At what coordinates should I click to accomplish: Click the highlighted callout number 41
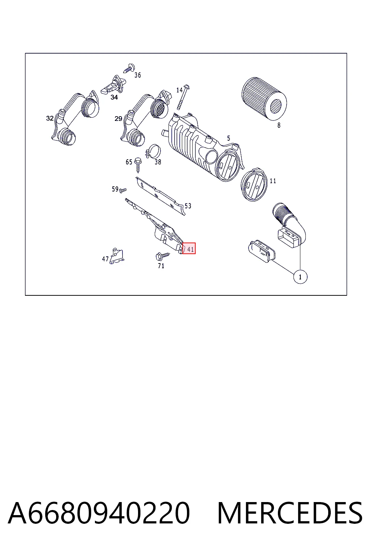click(190, 249)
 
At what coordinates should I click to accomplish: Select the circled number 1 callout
click(300, 277)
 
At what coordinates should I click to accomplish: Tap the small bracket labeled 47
click(117, 256)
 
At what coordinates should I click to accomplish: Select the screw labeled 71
click(163, 256)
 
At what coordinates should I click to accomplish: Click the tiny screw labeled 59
click(123, 190)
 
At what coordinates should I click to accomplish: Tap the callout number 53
click(188, 206)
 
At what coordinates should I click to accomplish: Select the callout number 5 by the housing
click(229, 138)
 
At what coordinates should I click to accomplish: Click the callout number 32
click(50, 118)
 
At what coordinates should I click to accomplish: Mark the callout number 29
click(118, 119)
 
